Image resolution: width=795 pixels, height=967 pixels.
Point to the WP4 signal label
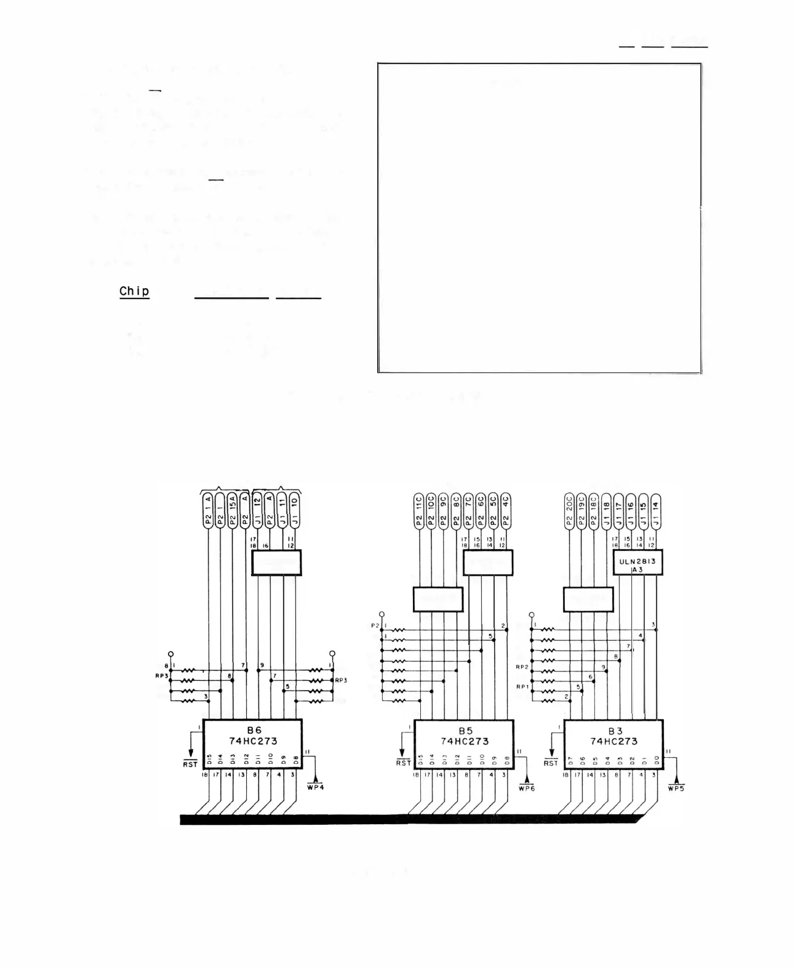[314, 788]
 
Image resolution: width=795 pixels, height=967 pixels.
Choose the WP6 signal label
[527, 788]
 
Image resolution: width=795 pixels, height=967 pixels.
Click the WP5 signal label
[676, 788]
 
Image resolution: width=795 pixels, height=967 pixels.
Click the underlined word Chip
[134, 291]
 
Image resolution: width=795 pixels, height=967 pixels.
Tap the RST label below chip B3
[551, 763]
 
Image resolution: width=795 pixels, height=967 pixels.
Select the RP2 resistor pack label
[522, 667]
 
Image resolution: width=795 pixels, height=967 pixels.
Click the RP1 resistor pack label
[522, 687]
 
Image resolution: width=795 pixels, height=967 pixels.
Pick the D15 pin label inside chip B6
[209, 760]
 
